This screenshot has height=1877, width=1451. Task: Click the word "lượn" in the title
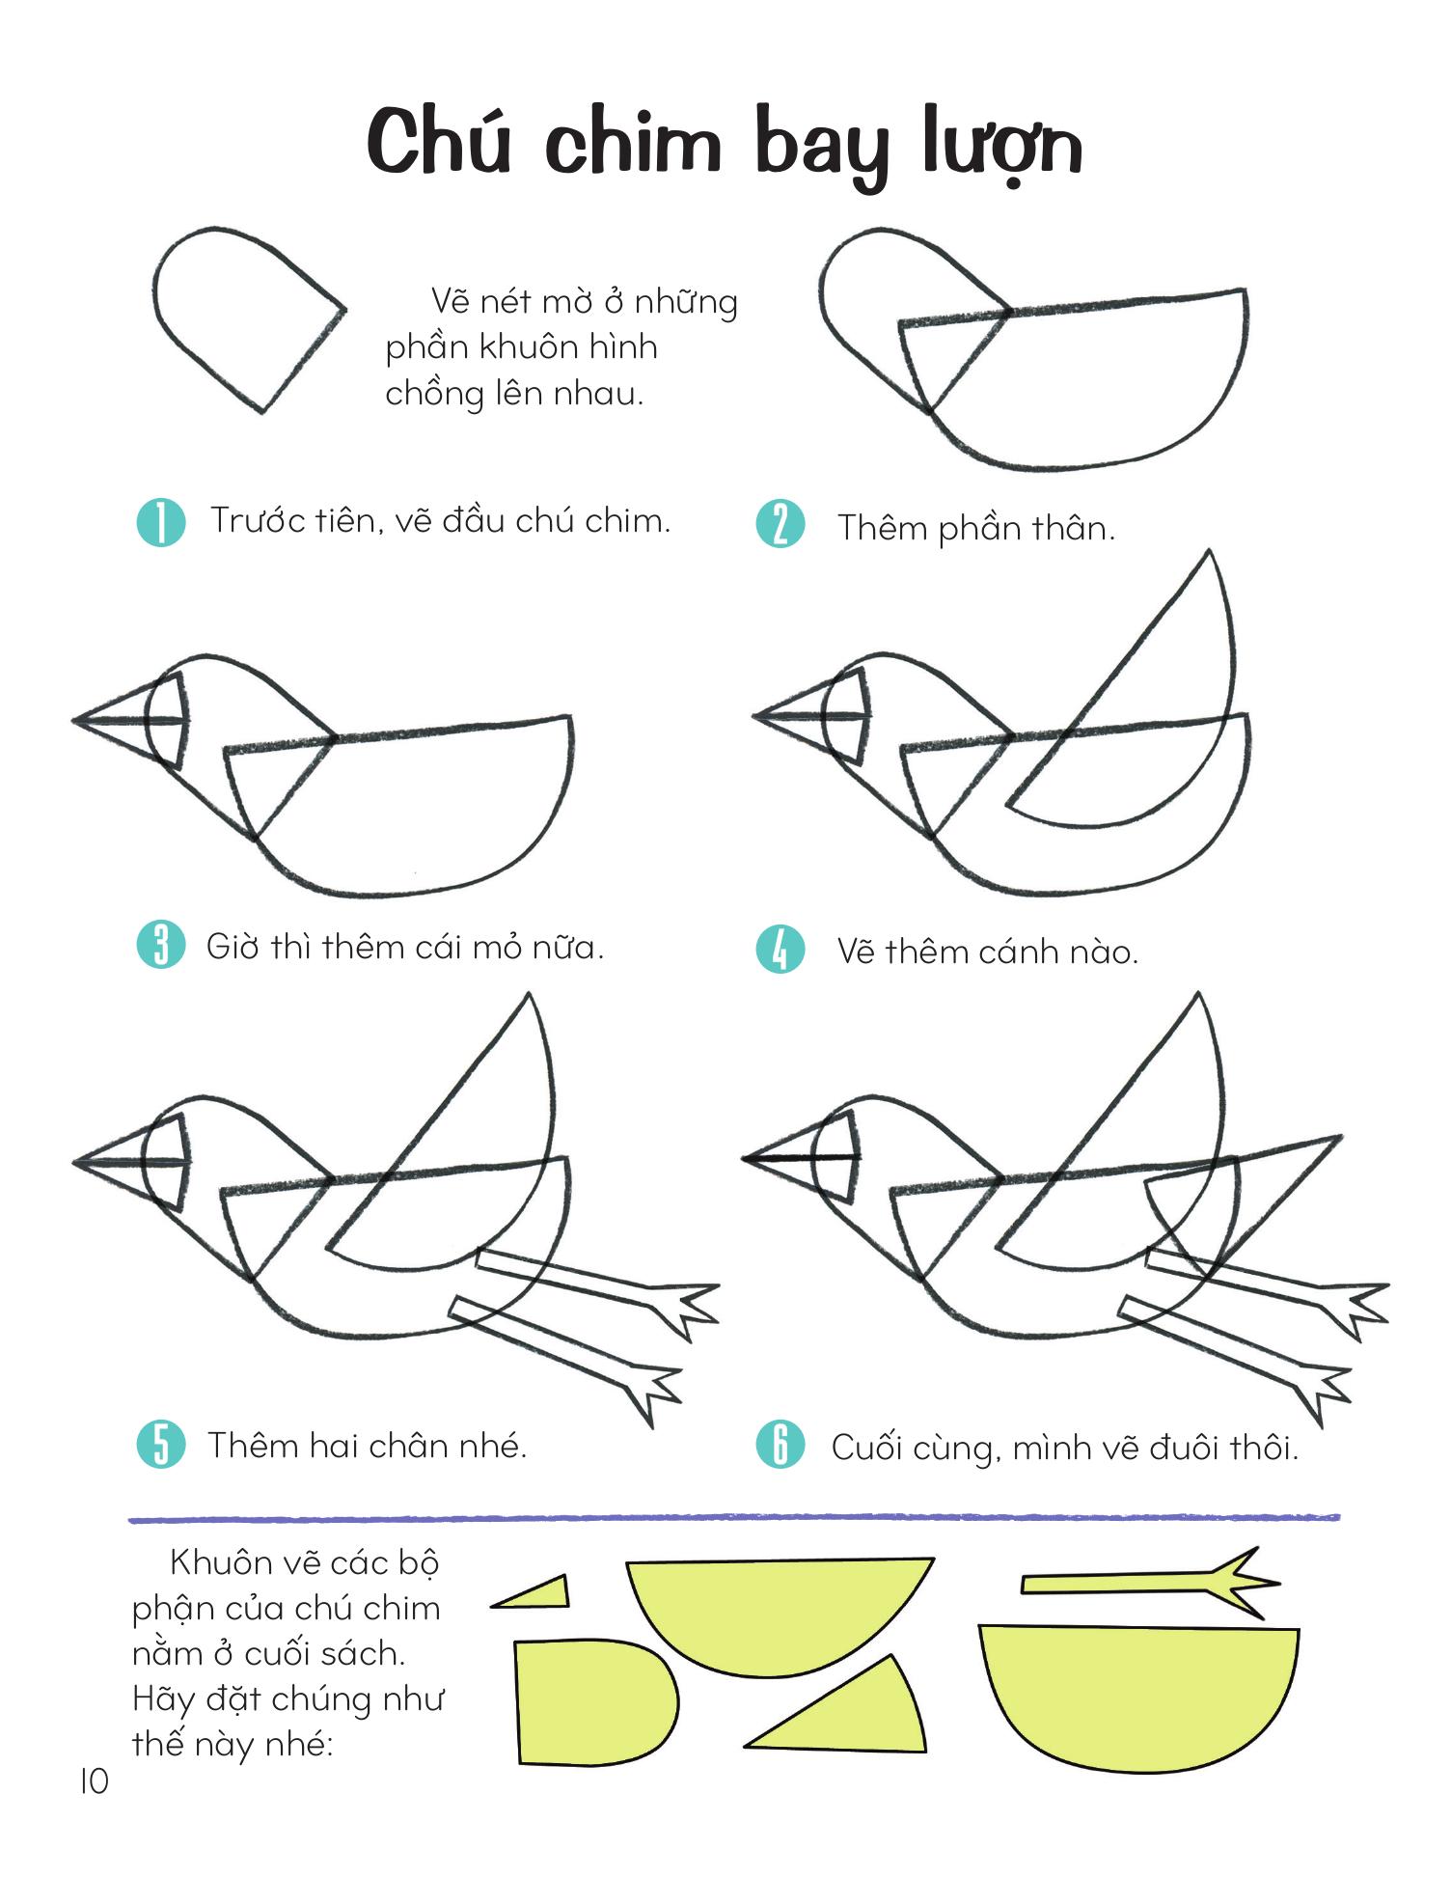(1001, 146)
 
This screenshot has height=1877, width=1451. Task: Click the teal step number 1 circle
(161, 522)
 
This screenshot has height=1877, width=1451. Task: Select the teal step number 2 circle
(780, 525)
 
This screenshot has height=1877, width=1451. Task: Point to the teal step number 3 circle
(161, 945)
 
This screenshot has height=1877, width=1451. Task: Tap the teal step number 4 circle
(780, 949)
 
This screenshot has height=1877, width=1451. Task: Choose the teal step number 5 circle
(161, 1445)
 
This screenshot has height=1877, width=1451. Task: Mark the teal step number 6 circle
(780, 1445)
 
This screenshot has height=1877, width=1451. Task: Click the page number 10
(94, 1781)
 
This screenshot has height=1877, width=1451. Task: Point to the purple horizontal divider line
(734, 1519)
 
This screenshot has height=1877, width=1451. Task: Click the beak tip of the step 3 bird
(74, 719)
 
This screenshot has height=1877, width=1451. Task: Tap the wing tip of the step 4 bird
(1209, 551)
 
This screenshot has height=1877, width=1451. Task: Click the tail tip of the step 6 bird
(1340, 1137)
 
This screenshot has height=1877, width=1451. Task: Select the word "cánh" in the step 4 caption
(1024, 952)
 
